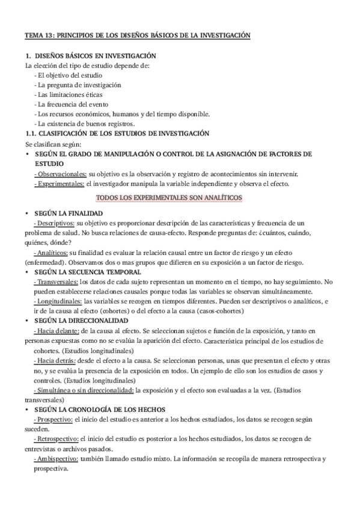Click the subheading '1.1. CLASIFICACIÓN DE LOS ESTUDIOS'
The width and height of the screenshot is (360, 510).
coord(117,134)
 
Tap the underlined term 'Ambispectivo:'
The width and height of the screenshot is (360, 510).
coord(57,458)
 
